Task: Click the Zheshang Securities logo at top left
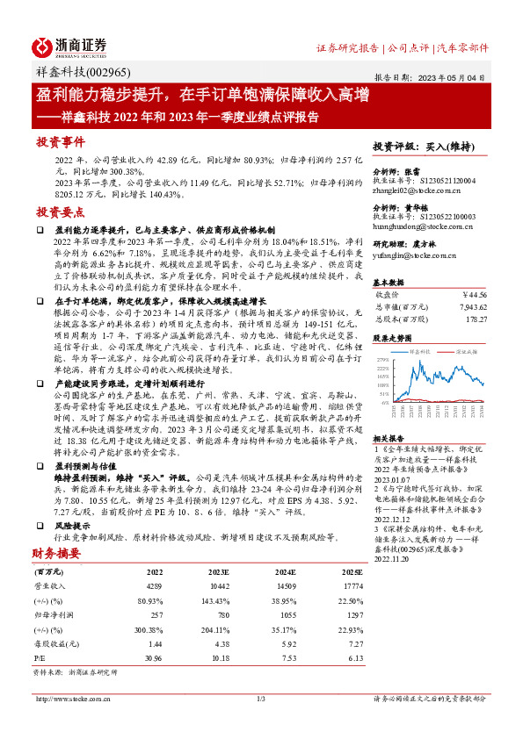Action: [69, 46]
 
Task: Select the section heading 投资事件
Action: [59, 141]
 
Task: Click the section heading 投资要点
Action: [59, 212]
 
